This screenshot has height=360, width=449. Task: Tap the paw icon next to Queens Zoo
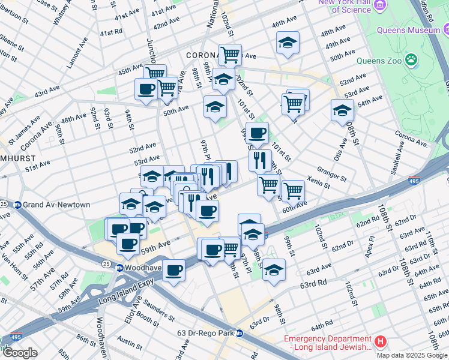point(411,59)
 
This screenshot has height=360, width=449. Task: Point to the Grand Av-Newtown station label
point(53,205)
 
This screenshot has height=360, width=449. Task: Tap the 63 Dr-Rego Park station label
point(201,333)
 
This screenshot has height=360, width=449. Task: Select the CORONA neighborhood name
point(201,55)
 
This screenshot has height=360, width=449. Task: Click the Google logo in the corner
point(20,353)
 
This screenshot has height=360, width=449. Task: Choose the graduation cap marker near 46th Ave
point(288,42)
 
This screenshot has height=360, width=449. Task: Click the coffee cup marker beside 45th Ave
point(146,89)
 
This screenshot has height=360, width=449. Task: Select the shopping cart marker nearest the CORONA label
point(230,55)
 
